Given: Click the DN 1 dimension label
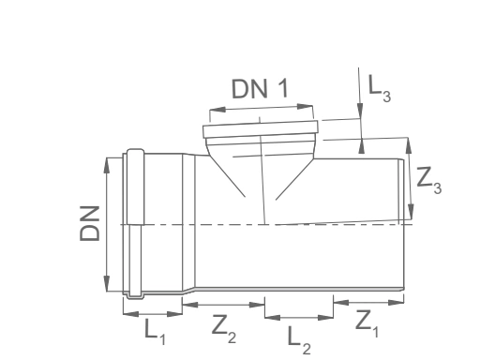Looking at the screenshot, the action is tap(260, 89).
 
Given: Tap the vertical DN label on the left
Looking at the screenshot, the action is tap(90, 223).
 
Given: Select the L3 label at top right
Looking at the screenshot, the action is tap(380, 88).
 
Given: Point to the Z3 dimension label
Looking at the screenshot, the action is tap(429, 181).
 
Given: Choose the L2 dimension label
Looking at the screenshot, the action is tap(299, 340).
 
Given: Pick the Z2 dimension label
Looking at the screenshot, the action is tap(224, 329).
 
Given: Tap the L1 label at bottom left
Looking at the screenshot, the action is tap(155, 331).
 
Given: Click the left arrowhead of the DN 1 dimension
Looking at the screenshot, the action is tap(217, 110).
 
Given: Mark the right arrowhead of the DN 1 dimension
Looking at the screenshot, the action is tap(305, 106).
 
